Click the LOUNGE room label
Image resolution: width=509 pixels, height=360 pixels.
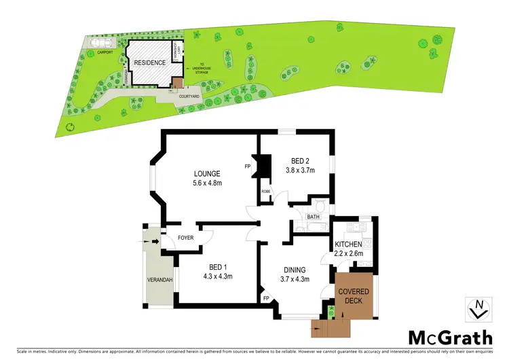point(205,174)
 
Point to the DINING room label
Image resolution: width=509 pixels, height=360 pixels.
point(295,269)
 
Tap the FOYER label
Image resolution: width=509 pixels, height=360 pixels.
point(185,238)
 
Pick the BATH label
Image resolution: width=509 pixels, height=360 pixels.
point(313,217)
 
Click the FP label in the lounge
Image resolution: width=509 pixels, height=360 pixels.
point(248,166)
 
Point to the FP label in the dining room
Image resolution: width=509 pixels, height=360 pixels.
point(266,297)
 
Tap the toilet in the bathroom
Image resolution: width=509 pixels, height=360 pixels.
point(320,206)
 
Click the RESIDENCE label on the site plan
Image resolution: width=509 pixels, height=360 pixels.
point(149,62)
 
